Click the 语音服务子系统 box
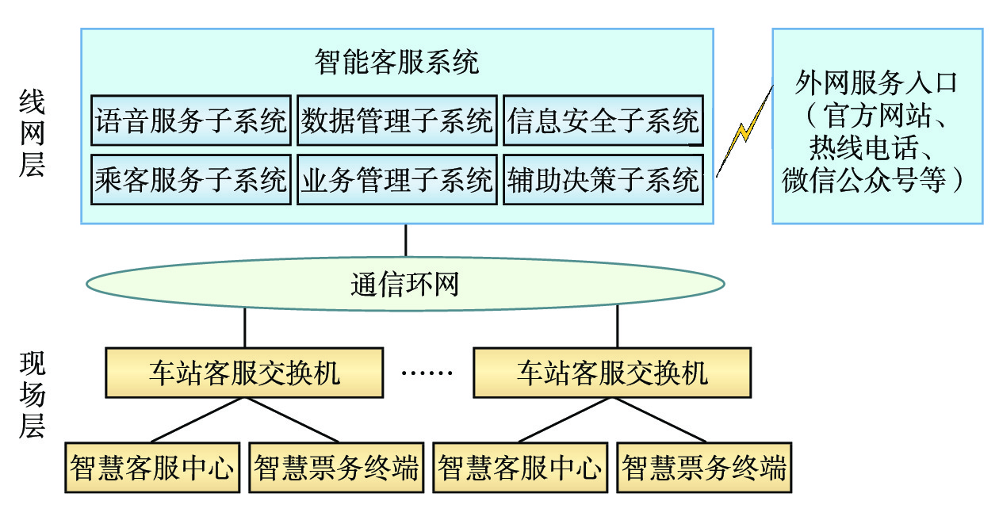click(191, 121)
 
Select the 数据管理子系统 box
click(397, 121)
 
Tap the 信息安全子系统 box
click(603, 121)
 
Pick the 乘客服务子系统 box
click(191, 180)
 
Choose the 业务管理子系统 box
click(397, 180)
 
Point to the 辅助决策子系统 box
click(603, 180)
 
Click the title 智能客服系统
click(396, 62)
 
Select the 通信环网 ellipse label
click(405, 284)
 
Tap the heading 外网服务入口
click(876, 82)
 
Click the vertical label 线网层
click(32, 133)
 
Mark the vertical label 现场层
click(32, 396)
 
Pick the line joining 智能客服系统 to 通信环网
click(406, 239)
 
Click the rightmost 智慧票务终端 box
click(704, 469)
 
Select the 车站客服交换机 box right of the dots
click(612, 373)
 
